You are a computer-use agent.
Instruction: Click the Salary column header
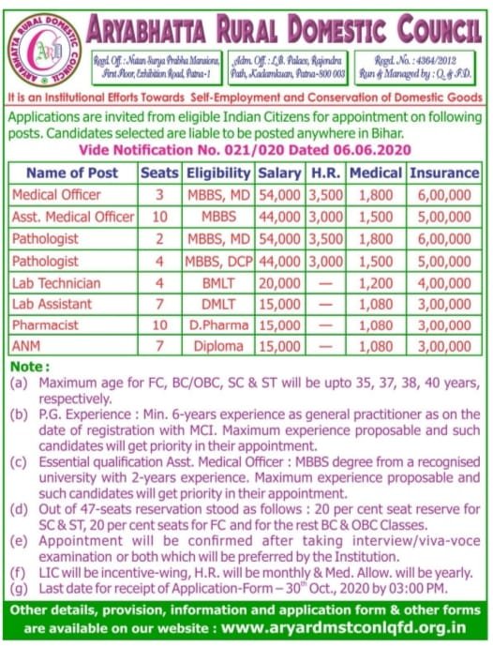click(279, 173)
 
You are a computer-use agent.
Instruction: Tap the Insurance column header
click(444, 173)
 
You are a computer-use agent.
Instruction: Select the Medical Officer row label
click(57, 195)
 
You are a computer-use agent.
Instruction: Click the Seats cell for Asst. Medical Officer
click(159, 217)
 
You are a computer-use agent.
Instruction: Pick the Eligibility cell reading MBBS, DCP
click(218, 260)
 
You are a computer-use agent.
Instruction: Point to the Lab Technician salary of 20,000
click(279, 282)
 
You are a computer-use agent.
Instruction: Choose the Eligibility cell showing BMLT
click(218, 282)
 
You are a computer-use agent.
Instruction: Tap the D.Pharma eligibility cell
click(218, 325)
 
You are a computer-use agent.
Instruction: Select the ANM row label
click(27, 347)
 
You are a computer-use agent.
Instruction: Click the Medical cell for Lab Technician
click(376, 282)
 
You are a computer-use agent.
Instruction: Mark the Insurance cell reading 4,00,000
click(444, 282)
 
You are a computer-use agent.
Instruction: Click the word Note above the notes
click(30, 367)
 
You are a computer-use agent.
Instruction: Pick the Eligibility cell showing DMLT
click(218, 304)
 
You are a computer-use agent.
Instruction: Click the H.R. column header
click(325, 173)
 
